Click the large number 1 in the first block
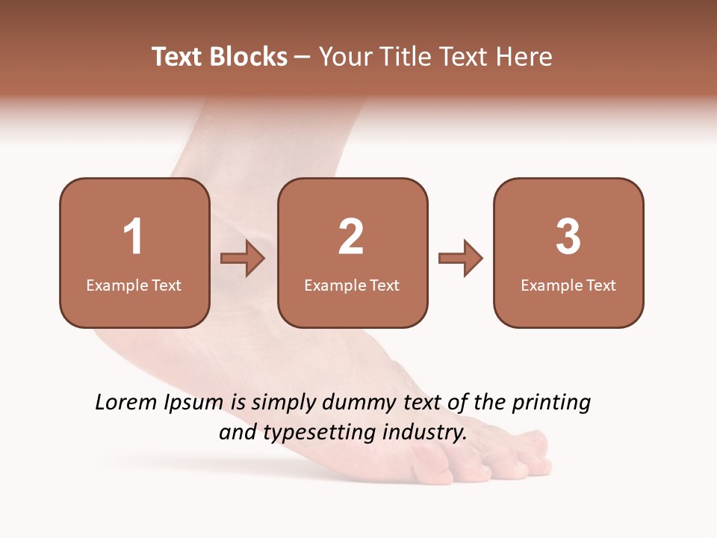[x=133, y=238]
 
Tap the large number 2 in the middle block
[x=351, y=238]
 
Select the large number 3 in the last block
[x=568, y=238]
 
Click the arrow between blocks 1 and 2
[x=243, y=259]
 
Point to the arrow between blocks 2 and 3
[x=461, y=259]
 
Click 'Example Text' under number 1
[x=134, y=285]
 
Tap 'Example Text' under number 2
[x=352, y=285]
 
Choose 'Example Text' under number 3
[x=568, y=285]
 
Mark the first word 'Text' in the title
[x=177, y=57]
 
